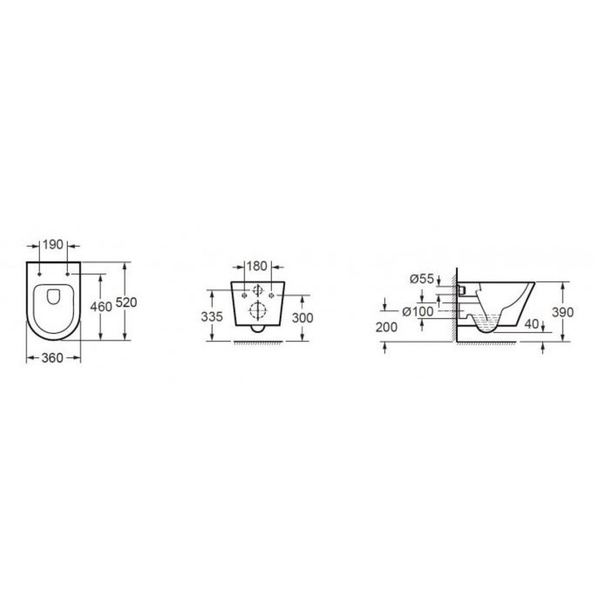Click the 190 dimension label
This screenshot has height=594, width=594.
tap(53, 244)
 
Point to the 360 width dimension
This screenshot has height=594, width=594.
tap(52, 358)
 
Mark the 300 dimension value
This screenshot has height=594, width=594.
tap(302, 317)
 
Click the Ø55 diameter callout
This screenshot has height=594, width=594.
tap(421, 279)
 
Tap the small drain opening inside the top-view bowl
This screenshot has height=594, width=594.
tap(53, 298)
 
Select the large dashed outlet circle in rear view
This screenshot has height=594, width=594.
tap(256, 310)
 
